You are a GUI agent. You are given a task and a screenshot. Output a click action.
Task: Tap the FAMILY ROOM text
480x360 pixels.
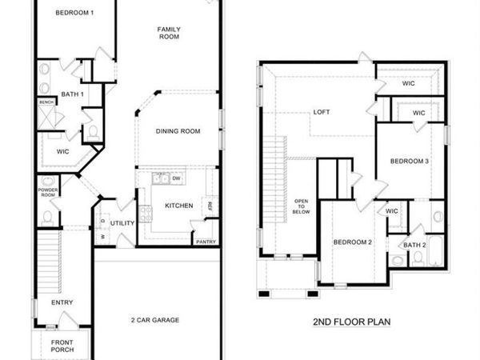[168, 33]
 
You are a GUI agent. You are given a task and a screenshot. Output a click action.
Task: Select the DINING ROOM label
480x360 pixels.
[178, 131]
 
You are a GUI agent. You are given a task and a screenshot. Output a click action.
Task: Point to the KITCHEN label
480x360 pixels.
[178, 206]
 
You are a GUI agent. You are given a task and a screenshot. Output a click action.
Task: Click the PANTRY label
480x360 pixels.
[205, 241]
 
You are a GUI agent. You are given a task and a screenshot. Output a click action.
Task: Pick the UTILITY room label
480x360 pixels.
[122, 223]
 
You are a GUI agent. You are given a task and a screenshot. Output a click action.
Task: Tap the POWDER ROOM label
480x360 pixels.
[47, 192]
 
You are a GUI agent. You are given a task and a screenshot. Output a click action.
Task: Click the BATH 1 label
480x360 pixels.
[72, 94]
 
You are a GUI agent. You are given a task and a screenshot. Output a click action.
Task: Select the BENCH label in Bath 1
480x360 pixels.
[46, 102]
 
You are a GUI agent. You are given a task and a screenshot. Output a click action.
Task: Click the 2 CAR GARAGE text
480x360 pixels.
[155, 320]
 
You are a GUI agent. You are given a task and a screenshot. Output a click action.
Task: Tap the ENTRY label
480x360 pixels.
[62, 302]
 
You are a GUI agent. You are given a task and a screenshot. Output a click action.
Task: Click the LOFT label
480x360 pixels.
[322, 112]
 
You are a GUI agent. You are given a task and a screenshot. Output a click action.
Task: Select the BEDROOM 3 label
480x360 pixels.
[410, 162]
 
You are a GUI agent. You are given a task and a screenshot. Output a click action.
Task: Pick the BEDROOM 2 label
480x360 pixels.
[353, 242]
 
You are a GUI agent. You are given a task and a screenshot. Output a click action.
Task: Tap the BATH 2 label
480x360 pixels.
[414, 245]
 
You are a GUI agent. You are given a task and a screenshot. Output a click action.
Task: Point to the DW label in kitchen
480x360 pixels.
[175, 178]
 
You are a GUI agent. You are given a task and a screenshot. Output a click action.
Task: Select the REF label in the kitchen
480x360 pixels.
[210, 206]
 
